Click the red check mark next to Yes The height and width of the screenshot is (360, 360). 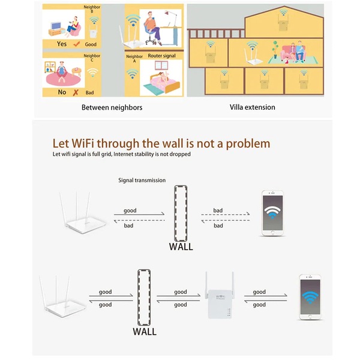click(77, 44)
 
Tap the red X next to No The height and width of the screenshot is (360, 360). click(76, 92)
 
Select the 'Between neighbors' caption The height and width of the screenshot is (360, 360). click(112, 107)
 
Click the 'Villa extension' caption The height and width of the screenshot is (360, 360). click(253, 107)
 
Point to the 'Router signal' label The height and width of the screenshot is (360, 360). click(161, 56)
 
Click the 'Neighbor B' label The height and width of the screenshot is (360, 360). click(92, 9)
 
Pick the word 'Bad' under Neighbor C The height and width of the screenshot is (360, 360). click(89, 92)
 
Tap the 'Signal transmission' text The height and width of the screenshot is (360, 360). click(142, 180)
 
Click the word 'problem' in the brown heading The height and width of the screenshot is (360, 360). click(248, 144)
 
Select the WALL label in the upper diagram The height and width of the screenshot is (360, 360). click(181, 247)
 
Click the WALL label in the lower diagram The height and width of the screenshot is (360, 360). click(145, 332)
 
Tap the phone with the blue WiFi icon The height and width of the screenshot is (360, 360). click(310, 297)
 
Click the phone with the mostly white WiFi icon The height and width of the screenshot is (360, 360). click(272, 213)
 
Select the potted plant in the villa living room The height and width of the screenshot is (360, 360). click(275, 49)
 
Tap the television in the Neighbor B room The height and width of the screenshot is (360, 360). click(56, 26)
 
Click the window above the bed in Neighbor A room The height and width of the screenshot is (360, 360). click(161, 65)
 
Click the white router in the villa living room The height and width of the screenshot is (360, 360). click(253, 57)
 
